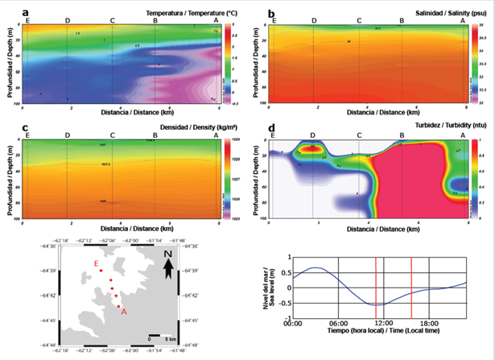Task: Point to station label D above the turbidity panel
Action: click(312, 136)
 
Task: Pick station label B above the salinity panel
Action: click(402, 20)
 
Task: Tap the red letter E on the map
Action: click(97, 264)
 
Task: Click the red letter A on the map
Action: click(123, 312)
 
